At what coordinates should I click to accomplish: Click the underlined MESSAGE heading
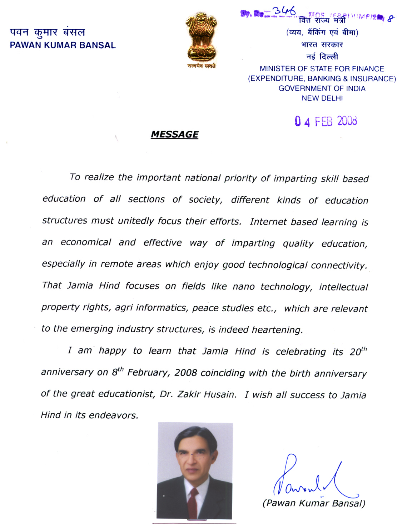[x=174, y=134]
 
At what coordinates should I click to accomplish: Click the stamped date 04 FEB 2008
[x=326, y=121]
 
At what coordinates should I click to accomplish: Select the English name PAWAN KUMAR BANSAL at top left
[x=63, y=45]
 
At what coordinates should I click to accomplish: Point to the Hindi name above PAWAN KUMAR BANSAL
[x=48, y=32]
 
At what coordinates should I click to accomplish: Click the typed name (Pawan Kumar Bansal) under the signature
[x=314, y=503]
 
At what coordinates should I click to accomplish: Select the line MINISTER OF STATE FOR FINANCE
[x=322, y=69]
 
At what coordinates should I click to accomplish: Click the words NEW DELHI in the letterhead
[x=322, y=98]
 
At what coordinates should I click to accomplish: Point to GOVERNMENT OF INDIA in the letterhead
[x=322, y=89]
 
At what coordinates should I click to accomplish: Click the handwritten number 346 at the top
[x=284, y=12]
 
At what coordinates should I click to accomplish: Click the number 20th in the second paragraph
[x=358, y=352]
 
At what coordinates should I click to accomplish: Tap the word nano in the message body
[x=243, y=287]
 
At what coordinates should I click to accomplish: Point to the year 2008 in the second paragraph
[x=185, y=373]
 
